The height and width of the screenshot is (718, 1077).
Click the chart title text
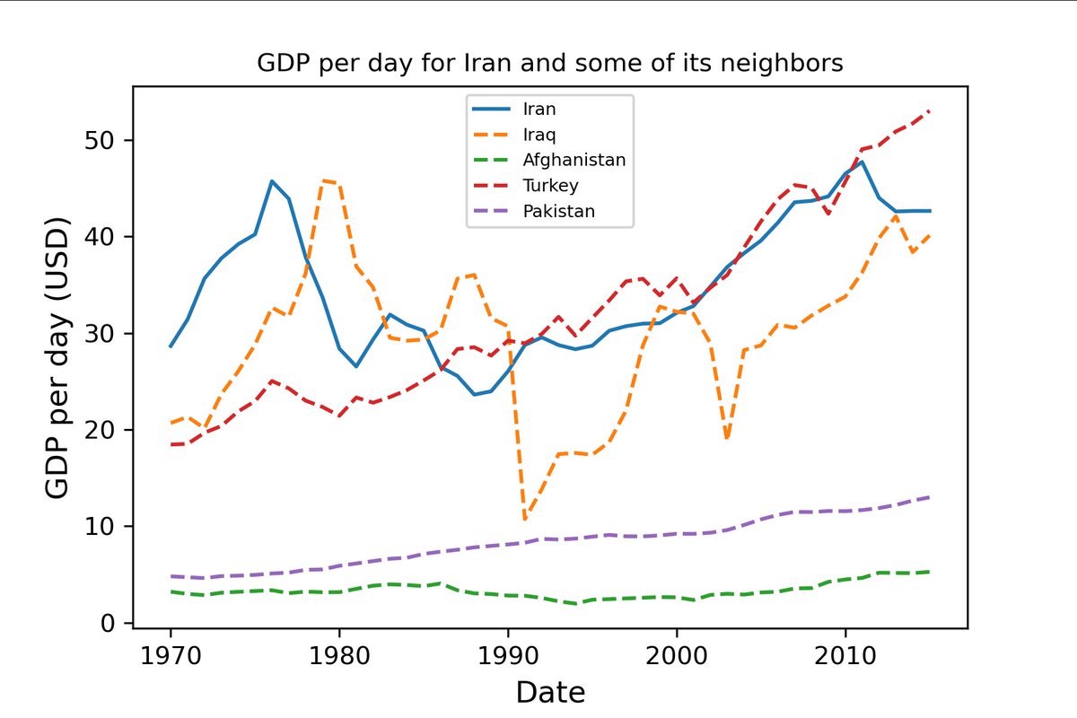(x=549, y=64)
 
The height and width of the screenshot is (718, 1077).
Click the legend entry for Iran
(x=539, y=109)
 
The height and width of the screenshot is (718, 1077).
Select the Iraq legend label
(x=538, y=135)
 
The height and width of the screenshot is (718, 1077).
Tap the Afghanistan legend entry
(x=574, y=160)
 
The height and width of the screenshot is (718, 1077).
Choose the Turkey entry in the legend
(x=550, y=186)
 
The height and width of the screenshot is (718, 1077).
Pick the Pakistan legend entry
(x=558, y=212)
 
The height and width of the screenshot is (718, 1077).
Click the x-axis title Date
(x=550, y=692)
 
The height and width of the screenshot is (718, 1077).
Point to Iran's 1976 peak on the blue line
(x=272, y=181)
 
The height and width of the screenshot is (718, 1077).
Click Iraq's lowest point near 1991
(x=525, y=519)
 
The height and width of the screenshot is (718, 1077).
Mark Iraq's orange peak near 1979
(x=323, y=180)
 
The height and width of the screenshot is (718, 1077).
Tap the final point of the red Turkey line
(x=930, y=111)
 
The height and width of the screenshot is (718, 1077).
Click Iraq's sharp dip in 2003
(x=727, y=439)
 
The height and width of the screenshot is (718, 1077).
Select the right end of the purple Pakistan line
(x=930, y=496)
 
